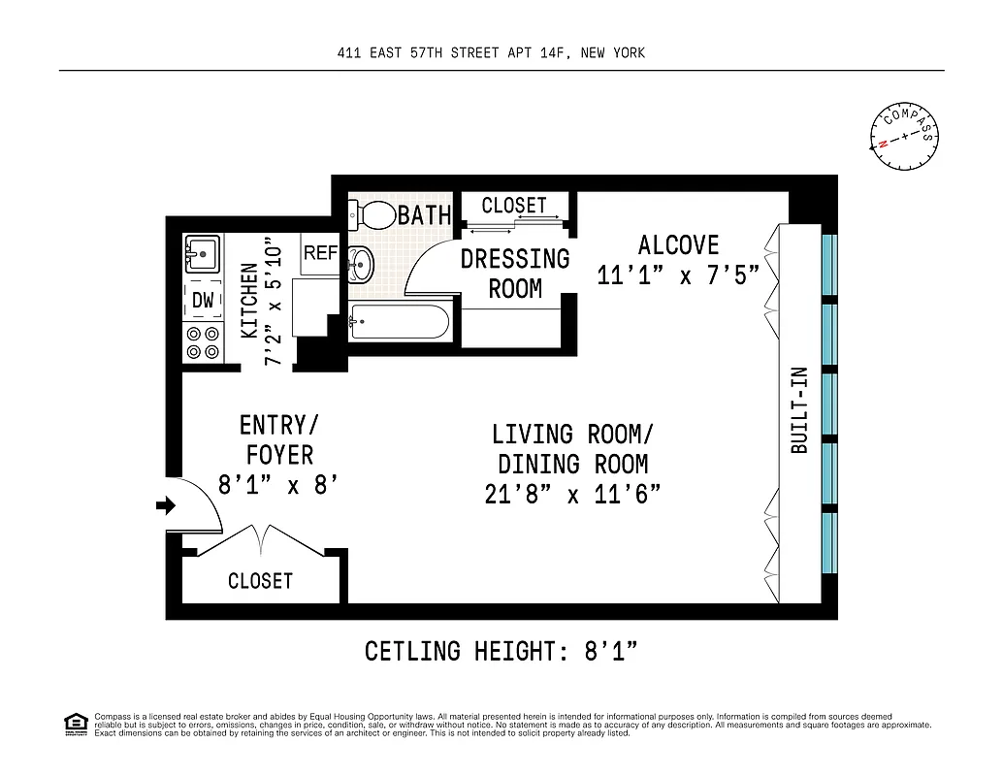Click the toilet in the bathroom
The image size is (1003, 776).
[x=374, y=213]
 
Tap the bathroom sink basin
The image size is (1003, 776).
[x=360, y=263]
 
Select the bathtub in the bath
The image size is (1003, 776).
[x=399, y=322]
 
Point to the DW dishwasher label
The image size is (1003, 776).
[x=202, y=301]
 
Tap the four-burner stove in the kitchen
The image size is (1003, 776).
[x=203, y=342]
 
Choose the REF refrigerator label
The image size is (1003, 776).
[x=320, y=253]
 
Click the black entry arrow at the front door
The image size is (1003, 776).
[x=166, y=505]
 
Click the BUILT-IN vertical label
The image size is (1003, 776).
[x=799, y=423]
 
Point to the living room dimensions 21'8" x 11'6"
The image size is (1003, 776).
[x=571, y=495]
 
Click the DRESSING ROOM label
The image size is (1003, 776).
[x=514, y=274]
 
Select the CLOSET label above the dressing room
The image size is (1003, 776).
[x=514, y=206]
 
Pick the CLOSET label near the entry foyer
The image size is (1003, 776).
[x=260, y=581]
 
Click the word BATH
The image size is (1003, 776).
[x=425, y=215]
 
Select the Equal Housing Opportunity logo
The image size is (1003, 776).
[x=75, y=723]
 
